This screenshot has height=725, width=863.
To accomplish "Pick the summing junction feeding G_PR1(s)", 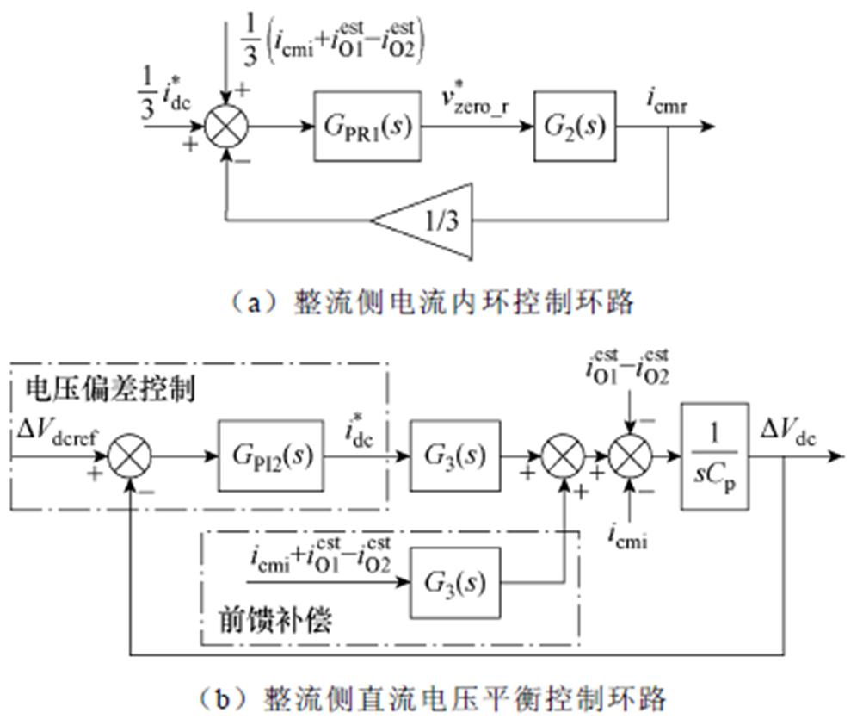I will [x=226, y=128].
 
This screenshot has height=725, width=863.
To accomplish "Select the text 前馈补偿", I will [x=274, y=622].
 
